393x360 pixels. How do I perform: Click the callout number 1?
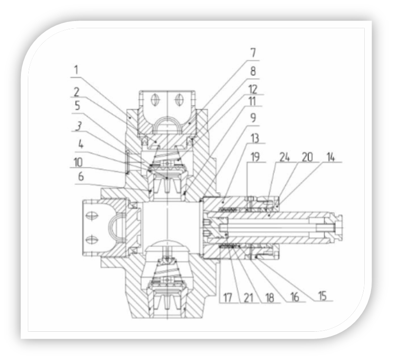click(x=76, y=70)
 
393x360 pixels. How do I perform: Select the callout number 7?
click(x=253, y=53)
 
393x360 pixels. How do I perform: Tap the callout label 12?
click(x=253, y=89)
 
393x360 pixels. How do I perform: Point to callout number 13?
click(x=255, y=138)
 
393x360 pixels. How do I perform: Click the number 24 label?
click(x=284, y=157)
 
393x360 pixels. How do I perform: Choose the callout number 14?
click(x=331, y=157)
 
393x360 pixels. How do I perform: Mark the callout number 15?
click(x=322, y=296)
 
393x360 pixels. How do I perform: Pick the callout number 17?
click(x=228, y=298)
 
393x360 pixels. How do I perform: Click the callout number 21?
click(x=248, y=298)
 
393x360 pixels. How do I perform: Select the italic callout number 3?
click(x=79, y=126)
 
